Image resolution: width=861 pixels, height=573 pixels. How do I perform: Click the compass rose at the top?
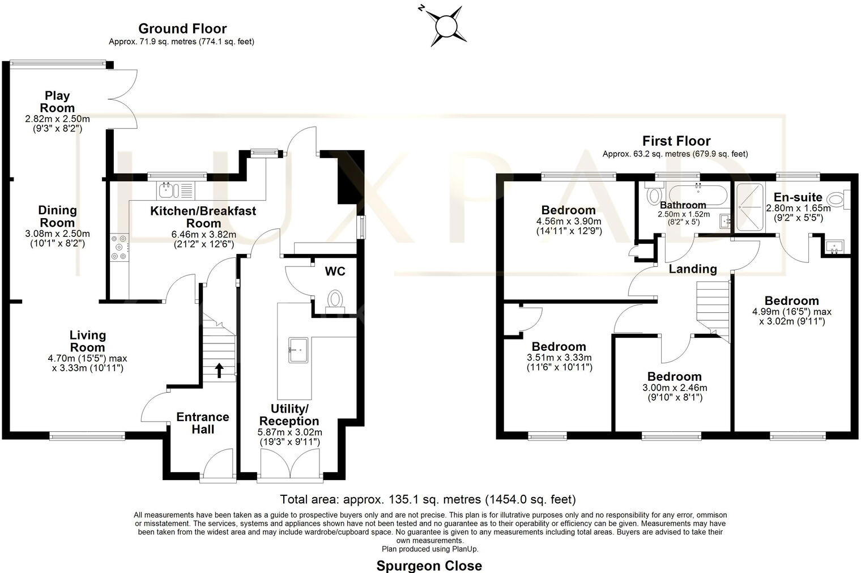445,26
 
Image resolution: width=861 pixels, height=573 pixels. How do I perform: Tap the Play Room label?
57,101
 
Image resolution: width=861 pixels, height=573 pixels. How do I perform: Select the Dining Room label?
57,216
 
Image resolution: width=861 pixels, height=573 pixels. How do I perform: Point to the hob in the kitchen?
119,248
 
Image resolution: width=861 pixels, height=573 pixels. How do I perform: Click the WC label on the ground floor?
335,271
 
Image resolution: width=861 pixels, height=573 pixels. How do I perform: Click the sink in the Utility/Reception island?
299,349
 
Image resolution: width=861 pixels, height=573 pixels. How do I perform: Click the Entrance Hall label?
203,423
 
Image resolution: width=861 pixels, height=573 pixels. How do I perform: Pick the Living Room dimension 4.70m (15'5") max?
88,358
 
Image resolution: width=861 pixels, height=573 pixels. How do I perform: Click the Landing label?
693,269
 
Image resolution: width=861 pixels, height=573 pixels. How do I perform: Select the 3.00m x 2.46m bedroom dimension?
674,388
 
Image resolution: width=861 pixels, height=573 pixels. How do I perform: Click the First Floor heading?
676,141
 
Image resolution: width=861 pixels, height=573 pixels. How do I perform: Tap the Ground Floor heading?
182,28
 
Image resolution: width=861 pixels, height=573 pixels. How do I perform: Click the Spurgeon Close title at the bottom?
429,565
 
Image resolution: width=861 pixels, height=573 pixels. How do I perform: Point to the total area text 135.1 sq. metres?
428,499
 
